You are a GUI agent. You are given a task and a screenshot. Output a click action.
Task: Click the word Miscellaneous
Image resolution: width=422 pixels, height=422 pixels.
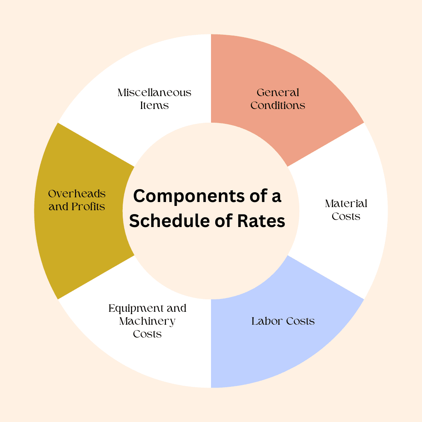[x=154, y=93]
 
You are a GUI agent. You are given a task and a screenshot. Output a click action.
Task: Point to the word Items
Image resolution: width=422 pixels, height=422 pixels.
[x=154, y=105]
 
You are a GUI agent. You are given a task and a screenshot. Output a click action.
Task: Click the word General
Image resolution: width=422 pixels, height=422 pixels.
[x=278, y=93]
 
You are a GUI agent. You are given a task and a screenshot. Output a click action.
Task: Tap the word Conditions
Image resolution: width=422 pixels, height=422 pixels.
[x=278, y=105]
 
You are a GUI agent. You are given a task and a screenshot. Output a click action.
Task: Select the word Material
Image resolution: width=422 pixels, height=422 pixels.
[x=346, y=204]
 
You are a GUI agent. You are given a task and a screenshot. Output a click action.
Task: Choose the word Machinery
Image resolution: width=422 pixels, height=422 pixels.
[x=147, y=321]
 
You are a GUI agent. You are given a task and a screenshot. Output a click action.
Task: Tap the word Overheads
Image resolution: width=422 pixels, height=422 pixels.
[x=77, y=194]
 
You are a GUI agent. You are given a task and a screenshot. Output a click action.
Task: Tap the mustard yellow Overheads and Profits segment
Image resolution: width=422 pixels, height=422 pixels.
[x=78, y=234]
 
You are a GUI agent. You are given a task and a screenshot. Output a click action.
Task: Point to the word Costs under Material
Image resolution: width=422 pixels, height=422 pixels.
[x=346, y=216]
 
